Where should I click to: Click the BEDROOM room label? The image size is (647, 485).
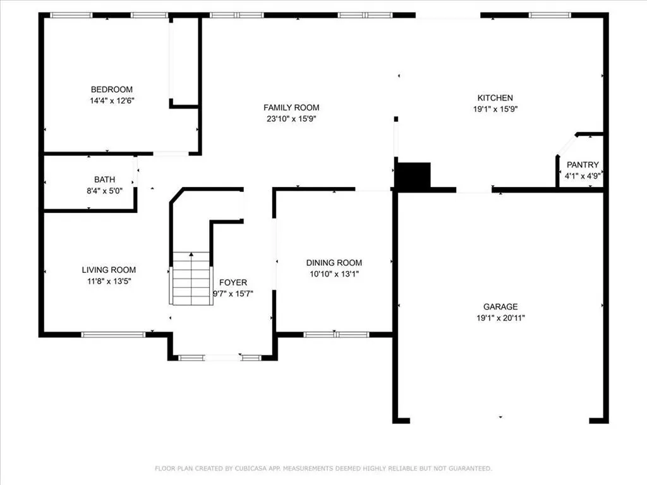pos(111,90)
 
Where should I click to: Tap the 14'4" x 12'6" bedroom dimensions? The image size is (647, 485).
pos(111,100)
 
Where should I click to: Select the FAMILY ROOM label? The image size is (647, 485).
pos(291,108)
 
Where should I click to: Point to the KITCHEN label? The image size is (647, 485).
pos(495,98)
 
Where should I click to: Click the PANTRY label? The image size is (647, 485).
pos(582,165)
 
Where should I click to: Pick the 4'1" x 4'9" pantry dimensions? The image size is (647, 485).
pos(582,176)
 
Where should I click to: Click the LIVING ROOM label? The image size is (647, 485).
pos(109,270)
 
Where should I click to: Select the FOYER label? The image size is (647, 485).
pos(233,282)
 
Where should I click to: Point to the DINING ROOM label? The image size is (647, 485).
pos(334,263)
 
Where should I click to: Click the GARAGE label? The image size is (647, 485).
pos(501,307)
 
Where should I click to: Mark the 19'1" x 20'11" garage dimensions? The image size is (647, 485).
pos(501,318)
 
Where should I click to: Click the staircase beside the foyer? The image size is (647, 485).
pos(191,278)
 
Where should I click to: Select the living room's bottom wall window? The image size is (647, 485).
pos(113,335)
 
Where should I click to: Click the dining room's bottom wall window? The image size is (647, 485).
pos(336,335)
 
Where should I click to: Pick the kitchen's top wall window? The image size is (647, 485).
pos(549,15)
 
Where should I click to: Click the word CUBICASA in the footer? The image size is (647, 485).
pos(248,469)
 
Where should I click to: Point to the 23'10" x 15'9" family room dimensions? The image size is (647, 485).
pos(291,119)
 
